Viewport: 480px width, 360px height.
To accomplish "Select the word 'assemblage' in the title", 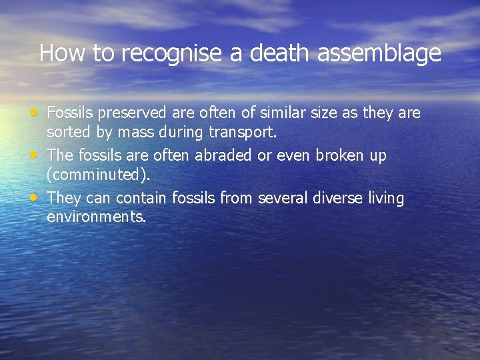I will click(379, 53).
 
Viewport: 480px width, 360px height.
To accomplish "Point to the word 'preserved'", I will click(127, 113).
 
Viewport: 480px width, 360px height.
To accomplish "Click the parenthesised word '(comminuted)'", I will click(99, 175).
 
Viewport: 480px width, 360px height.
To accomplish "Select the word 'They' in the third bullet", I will click(64, 198).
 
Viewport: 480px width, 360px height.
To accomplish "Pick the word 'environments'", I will click(96, 217).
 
